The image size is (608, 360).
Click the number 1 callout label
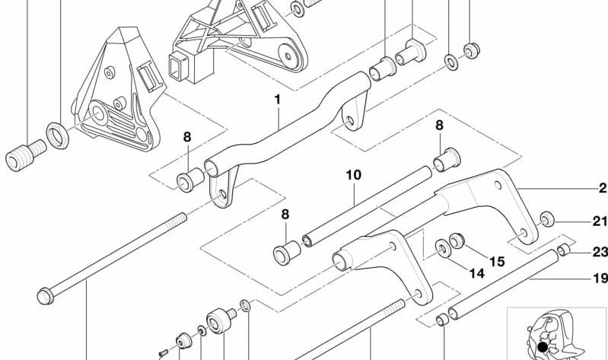pyautogui.click(x=278, y=99)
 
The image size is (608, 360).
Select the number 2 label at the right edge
pyautogui.click(x=602, y=188)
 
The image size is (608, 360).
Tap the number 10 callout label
pyautogui.click(x=353, y=174)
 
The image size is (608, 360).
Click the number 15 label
pyautogui.click(x=496, y=261)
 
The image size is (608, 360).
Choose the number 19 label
pyautogui.click(x=600, y=279)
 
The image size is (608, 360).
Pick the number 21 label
pyautogui.click(x=600, y=221)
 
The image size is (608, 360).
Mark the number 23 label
pyautogui.click(x=600, y=252)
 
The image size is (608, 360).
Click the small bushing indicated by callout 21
pyautogui.click(x=547, y=221)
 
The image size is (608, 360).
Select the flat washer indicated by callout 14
pyautogui.click(x=442, y=247)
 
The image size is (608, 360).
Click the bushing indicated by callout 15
pyautogui.click(x=457, y=241)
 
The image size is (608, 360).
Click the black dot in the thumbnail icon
pyautogui.click(x=542, y=347)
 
